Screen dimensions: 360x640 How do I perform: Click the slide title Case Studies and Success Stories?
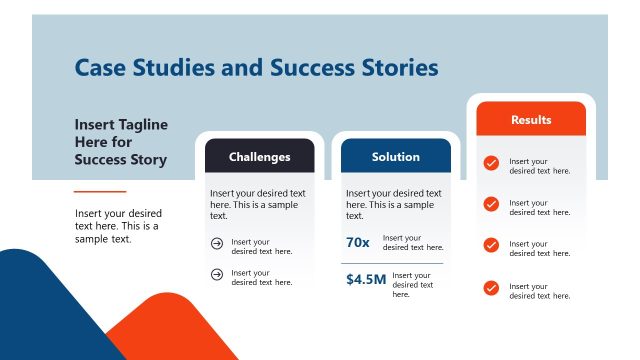(256, 68)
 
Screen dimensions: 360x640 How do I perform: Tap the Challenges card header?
(260, 157)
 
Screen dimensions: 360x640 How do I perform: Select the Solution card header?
(396, 157)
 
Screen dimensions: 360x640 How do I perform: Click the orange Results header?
(531, 120)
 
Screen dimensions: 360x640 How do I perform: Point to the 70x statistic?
(358, 243)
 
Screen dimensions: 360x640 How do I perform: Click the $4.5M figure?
(365, 279)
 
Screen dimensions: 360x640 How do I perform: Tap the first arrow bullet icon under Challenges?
(217, 243)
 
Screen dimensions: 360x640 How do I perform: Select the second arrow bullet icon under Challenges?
(217, 274)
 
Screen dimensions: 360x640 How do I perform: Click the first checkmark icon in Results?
(491, 163)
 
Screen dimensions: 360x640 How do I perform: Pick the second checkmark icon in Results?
(491, 204)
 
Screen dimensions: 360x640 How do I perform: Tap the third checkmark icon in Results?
(491, 245)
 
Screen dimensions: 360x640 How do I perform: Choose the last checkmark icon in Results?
(491, 288)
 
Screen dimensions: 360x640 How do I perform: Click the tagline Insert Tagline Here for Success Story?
(121, 142)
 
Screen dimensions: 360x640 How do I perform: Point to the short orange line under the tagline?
(100, 191)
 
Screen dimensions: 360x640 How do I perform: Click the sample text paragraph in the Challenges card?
(258, 204)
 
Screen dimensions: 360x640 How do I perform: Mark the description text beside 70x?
(413, 243)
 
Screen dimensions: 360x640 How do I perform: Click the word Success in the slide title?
(313, 68)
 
